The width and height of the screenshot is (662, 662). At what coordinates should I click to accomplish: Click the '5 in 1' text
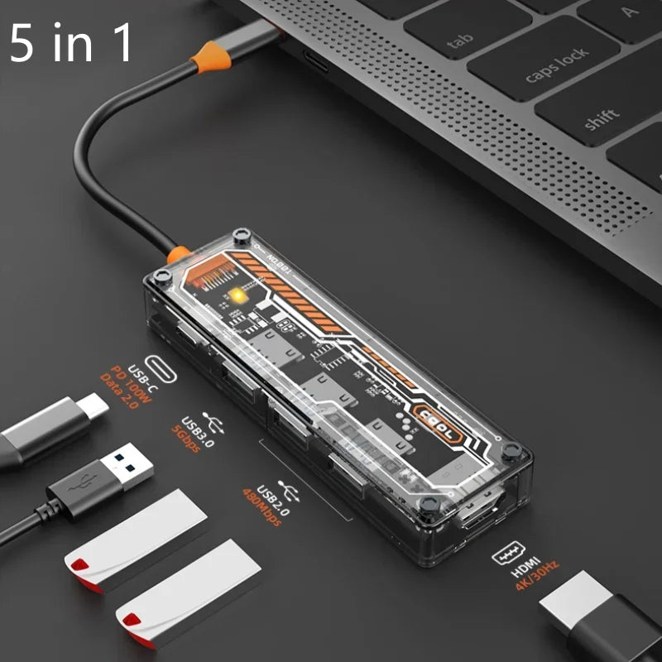pyautogui.click(x=71, y=43)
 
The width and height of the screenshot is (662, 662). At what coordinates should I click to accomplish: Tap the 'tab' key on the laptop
pyautogui.click(x=461, y=41)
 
